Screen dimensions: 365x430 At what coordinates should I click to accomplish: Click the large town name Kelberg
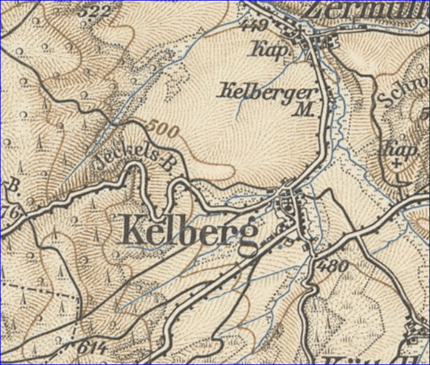(x=190, y=231)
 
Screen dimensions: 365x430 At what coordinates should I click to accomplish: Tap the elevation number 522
(x=98, y=12)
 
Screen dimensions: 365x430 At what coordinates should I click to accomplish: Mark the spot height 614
(x=92, y=348)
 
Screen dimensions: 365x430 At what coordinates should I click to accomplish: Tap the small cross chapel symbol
(x=397, y=163)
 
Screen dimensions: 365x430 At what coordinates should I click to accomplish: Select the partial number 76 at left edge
(x=10, y=212)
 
